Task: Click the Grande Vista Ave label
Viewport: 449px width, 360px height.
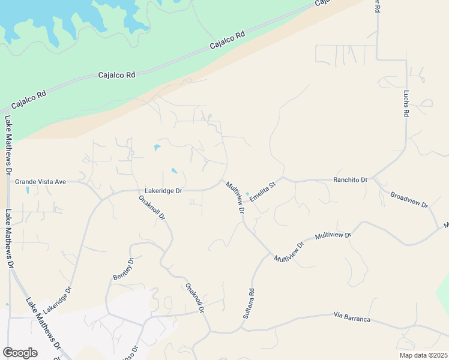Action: pos(40,181)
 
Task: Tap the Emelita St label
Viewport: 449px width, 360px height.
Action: pos(262,190)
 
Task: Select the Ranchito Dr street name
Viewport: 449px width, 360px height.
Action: pos(350,179)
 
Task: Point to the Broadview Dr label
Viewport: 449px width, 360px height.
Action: pos(409,200)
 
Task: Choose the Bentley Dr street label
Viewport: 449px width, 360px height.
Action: pos(122,268)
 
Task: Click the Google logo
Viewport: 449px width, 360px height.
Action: pos(20,353)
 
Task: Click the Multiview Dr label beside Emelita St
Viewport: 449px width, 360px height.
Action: pos(235,197)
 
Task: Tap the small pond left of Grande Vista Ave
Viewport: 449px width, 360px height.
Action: pos(28,191)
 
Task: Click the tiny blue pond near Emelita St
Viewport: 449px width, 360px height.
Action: pos(247,193)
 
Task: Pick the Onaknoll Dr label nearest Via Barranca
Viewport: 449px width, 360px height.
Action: pos(195,298)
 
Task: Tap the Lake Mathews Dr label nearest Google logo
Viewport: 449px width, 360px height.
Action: pos(42,323)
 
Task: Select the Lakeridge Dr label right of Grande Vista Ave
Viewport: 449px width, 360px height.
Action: pos(163,190)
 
